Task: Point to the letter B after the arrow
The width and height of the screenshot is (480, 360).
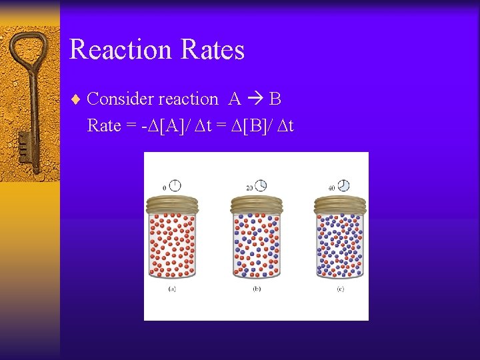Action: click(275, 99)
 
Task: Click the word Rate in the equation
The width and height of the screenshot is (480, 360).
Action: click(104, 125)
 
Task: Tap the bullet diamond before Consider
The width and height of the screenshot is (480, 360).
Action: click(75, 100)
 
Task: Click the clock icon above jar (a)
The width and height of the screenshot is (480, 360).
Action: click(175, 185)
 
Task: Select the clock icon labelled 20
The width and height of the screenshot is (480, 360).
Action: click(260, 185)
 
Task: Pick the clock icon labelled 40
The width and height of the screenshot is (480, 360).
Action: click(343, 185)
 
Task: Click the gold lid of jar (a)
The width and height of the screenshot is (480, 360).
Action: click(173, 204)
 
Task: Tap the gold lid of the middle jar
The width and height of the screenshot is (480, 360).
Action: click(256, 204)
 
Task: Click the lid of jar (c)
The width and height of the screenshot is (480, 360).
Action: click(340, 204)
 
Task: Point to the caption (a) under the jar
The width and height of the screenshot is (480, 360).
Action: click(173, 289)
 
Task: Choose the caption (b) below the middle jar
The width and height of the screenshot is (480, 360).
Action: click(257, 289)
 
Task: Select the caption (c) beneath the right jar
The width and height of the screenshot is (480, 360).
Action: click(340, 289)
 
